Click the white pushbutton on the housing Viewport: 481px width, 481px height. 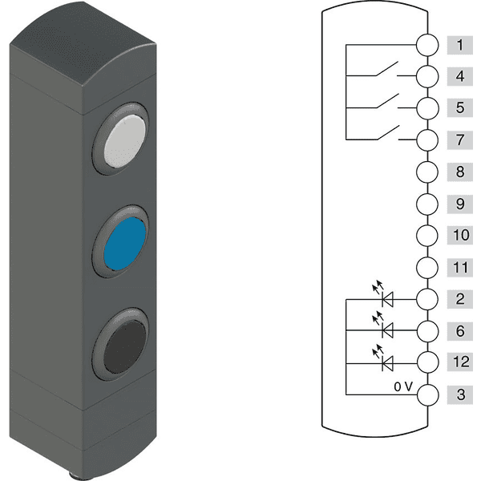(x=124, y=141)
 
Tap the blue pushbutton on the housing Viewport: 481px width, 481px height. (x=124, y=244)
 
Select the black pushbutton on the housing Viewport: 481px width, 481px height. (x=124, y=346)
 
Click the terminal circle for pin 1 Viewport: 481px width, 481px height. (x=427, y=45)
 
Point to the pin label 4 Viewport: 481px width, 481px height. (x=460, y=76)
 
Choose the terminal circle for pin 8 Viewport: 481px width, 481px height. (x=427, y=172)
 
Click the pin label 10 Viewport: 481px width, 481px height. (x=460, y=235)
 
